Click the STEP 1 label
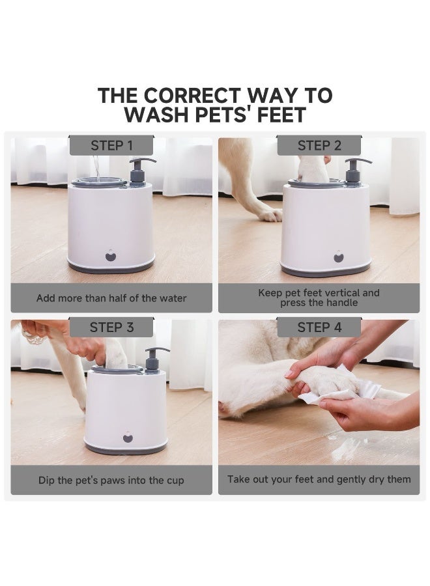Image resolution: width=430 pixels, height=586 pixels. point(111,146)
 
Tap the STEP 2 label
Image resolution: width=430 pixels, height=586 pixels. point(319,146)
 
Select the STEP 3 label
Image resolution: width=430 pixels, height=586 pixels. point(111,328)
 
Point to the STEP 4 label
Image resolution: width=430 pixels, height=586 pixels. point(319,328)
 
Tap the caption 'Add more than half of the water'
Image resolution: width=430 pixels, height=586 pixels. point(111,298)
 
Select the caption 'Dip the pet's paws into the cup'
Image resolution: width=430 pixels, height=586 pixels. point(111,481)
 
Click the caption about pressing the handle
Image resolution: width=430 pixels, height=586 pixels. point(319,298)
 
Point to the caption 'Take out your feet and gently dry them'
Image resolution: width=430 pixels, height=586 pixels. point(319,479)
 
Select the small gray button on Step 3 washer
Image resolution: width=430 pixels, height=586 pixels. point(128,437)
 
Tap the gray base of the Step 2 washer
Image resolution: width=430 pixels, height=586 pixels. point(326,271)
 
